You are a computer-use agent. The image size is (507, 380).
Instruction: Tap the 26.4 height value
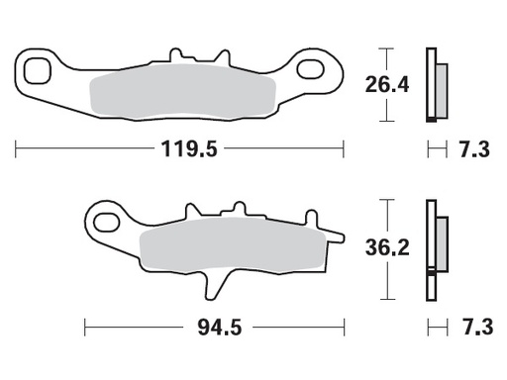coord(387,86)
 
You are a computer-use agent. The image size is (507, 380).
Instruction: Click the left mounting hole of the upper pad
coord(40,70)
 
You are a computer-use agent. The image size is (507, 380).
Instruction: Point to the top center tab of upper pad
coord(176,54)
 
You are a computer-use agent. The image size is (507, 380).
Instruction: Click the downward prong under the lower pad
coord(211,285)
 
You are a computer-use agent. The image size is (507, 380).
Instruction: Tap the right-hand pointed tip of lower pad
coord(343,237)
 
